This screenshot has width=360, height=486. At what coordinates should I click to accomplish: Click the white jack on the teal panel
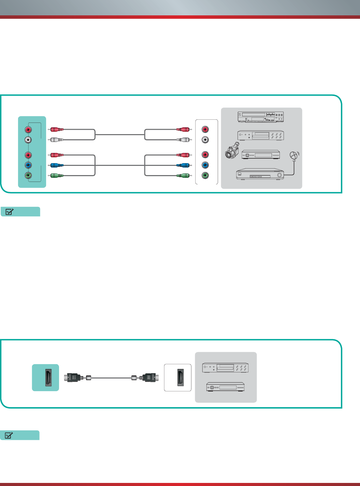[28, 140]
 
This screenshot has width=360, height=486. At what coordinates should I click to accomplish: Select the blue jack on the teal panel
[28, 166]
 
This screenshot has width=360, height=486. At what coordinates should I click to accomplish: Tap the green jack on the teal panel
[28, 176]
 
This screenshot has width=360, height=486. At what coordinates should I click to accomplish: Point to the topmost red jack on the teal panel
[28, 130]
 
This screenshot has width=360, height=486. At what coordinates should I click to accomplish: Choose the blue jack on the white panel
[205, 165]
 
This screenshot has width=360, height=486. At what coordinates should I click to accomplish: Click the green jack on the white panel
[205, 175]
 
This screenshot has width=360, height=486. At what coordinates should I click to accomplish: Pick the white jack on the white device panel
[205, 140]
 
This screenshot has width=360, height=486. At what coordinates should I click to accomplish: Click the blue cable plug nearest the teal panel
[57, 166]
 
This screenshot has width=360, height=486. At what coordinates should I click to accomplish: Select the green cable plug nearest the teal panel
[57, 176]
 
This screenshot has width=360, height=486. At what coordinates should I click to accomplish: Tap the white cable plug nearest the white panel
[183, 140]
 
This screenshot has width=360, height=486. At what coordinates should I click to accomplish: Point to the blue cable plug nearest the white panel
[183, 165]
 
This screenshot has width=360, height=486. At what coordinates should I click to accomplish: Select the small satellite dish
[294, 156]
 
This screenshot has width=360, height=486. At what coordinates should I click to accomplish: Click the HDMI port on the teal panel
[48, 378]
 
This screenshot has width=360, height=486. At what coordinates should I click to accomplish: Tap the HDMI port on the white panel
[180, 378]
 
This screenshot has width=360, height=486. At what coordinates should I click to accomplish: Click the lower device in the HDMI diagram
[225, 387]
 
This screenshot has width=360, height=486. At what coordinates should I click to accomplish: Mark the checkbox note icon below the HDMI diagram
[9, 435]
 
